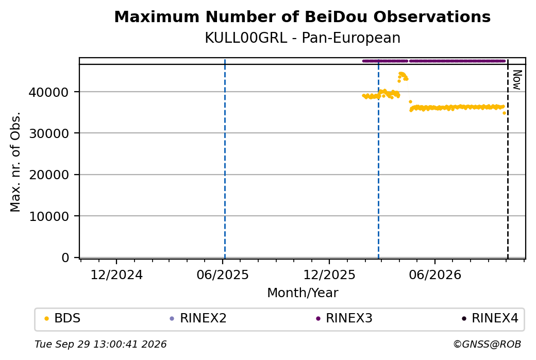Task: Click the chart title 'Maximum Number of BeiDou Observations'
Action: (x=302, y=16)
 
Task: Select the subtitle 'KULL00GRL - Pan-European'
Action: (x=303, y=38)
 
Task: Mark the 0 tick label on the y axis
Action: (x=65, y=258)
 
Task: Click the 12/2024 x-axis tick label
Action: (x=116, y=275)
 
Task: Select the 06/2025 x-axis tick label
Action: (x=223, y=275)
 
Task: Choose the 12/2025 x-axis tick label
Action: (x=329, y=275)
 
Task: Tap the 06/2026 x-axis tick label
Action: (x=435, y=275)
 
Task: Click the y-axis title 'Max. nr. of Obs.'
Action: (x=15, y=162)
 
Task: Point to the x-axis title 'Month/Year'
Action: (x=303, y=293)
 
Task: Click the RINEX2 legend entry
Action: (x=198, y=318)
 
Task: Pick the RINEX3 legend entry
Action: (x=344, y=318)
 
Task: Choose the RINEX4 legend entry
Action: (x=490, y=318)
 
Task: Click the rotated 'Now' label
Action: (x=517, y=80)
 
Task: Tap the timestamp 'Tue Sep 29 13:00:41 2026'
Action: (x=100, y=344)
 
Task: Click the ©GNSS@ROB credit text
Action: (x=487, y=344)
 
